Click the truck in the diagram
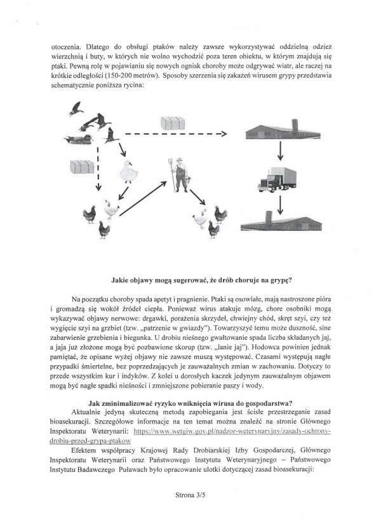click(277, 179)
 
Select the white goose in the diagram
click(129, 172)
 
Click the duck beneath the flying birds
click(79, 139)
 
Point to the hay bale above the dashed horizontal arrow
click(173, 123)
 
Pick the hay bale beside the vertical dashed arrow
click(82, 167)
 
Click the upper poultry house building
click(283, 129)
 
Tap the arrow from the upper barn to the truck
click(280, 151)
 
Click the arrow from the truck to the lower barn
click(280, 205)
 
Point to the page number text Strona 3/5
click(190, 495)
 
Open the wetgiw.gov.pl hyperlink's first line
click(232, 431)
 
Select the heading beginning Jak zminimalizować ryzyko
click(191, 403)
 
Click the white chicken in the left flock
click(111, 209)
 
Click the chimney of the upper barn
click(295, 126)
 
